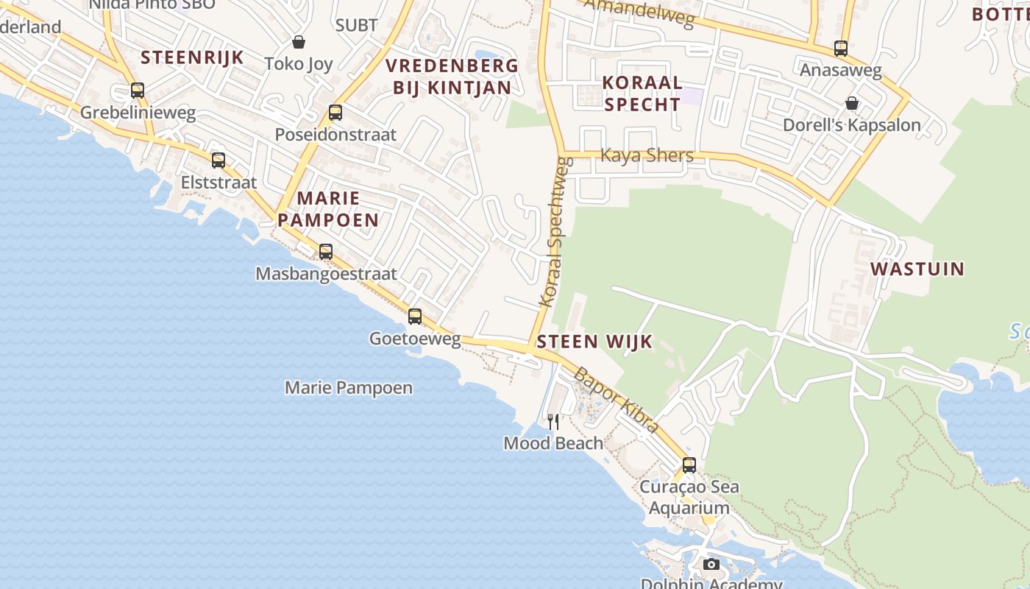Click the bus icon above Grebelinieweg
[x=138, y=91]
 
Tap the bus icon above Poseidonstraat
[x=335, y=113]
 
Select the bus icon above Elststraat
[x=219, y=161]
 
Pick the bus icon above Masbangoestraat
[x=326, y=252]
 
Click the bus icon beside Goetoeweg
[x=415, y=317]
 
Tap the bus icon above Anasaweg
[x=841, y=49]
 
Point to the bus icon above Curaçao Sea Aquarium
[x=689, y=465]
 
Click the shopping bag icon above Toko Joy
[x=299, y=42]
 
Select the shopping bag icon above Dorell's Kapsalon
[x=852, y=103]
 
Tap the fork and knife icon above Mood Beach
[x=553, y=421]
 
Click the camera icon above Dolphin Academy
[x=711, y=565]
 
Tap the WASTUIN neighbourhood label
[x=917, y=269]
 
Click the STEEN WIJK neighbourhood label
[x=594, y=342]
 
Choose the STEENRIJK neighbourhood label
[x=192, y=57]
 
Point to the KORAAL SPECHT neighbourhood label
[x=642, y=94]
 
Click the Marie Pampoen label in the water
[x=349, y=387]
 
